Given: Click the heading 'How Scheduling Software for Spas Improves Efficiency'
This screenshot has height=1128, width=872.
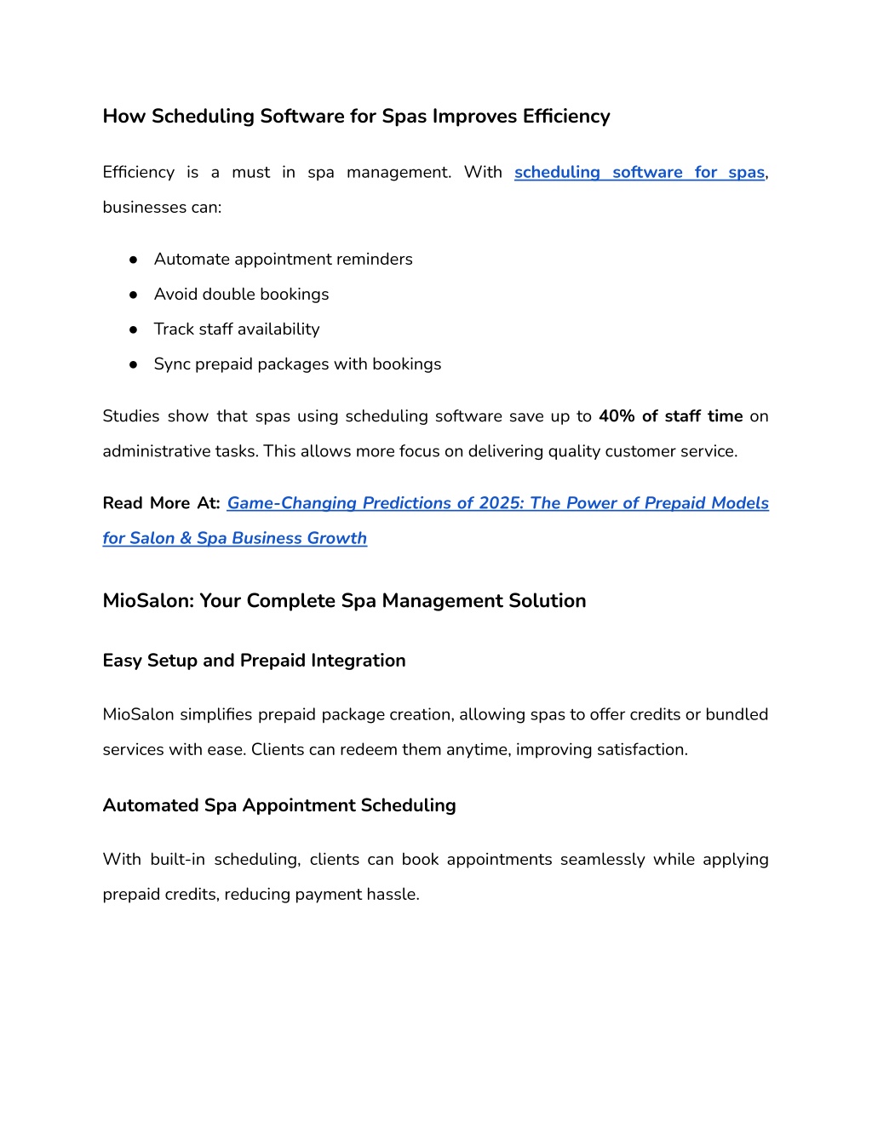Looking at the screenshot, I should point(356,117).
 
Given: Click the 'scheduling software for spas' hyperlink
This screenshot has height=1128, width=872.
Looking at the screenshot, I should point(639,173).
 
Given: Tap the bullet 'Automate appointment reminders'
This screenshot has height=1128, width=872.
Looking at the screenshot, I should point(283,260).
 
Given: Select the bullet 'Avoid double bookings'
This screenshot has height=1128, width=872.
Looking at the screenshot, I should point(241,295).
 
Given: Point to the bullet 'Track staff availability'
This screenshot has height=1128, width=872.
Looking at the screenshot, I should point(237,329).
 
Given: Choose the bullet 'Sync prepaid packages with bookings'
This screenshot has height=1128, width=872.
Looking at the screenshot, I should point(297,364).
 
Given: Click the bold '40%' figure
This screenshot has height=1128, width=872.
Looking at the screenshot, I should point(617,416).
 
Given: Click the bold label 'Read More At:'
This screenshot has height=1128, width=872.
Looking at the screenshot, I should point(161,503).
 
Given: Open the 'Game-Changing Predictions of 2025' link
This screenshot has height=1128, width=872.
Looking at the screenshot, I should point(497,503).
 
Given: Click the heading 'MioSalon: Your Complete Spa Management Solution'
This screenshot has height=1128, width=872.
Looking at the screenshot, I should point(344,601).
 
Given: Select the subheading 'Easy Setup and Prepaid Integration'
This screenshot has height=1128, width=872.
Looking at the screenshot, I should point(254,661).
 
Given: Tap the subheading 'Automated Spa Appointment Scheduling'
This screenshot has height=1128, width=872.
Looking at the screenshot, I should point(279,805).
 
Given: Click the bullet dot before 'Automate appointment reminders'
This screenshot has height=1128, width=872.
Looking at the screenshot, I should point(134,260).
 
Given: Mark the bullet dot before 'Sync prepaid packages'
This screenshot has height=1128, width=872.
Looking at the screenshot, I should point(134,364).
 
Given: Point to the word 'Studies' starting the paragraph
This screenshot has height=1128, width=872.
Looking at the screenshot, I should point(131,416).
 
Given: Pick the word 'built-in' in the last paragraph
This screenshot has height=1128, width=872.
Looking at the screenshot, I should point(177,860).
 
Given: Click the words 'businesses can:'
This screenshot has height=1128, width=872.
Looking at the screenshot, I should point(162,208).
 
